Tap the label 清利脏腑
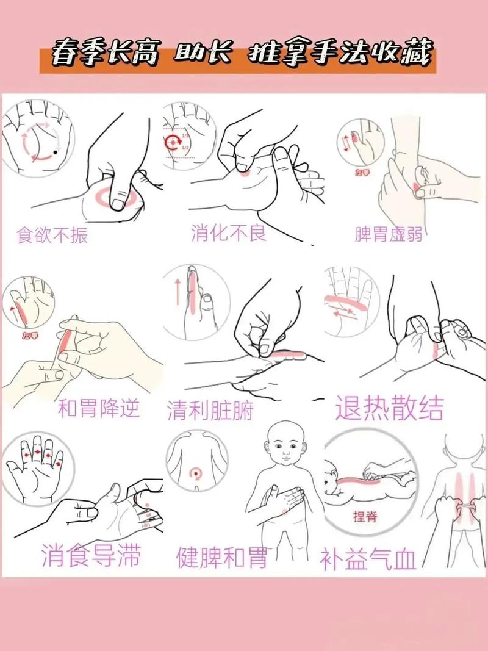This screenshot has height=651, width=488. [210, 411]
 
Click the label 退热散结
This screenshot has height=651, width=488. [389, 407]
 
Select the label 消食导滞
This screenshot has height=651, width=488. [91, 556]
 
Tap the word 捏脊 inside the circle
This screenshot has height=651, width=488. [365, 517]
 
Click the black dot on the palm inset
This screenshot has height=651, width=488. [56, 151]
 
